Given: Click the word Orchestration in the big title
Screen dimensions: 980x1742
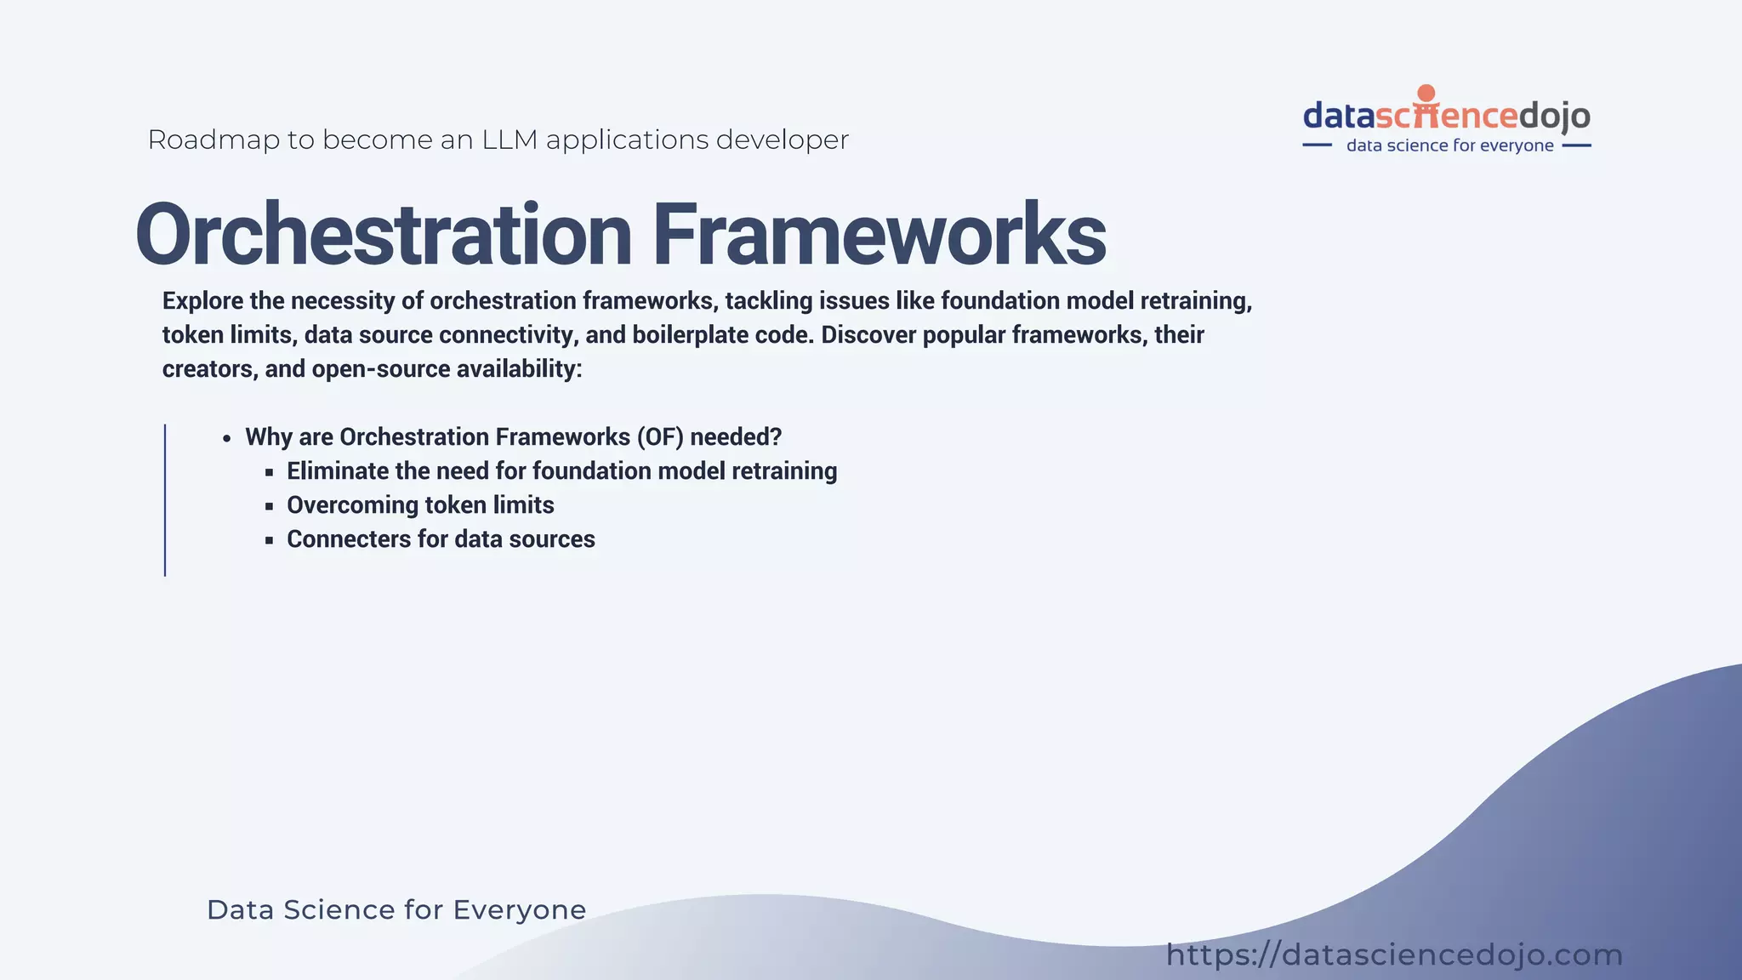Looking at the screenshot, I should tap(383, 235).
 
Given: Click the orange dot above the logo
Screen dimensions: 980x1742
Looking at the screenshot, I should tap(1426, 93).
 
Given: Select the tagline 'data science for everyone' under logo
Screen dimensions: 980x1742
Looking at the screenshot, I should tap(1449, 145).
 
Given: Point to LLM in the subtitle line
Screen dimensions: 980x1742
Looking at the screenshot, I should tap(509, 140).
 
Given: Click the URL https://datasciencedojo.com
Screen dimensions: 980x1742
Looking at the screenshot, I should tap(1394, 954).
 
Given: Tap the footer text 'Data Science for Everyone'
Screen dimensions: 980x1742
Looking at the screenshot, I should tap(396, 909).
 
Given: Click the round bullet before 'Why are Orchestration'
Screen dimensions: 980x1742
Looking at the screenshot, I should tap(226, 439).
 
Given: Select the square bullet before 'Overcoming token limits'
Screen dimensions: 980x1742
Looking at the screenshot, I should tap(269, 506).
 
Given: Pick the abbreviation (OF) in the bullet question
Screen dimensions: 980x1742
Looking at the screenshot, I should tap(659, 437).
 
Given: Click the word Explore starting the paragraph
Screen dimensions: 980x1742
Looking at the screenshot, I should tap(203, 301).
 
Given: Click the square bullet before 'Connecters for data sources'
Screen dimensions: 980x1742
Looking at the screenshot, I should tap(269, 540).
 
